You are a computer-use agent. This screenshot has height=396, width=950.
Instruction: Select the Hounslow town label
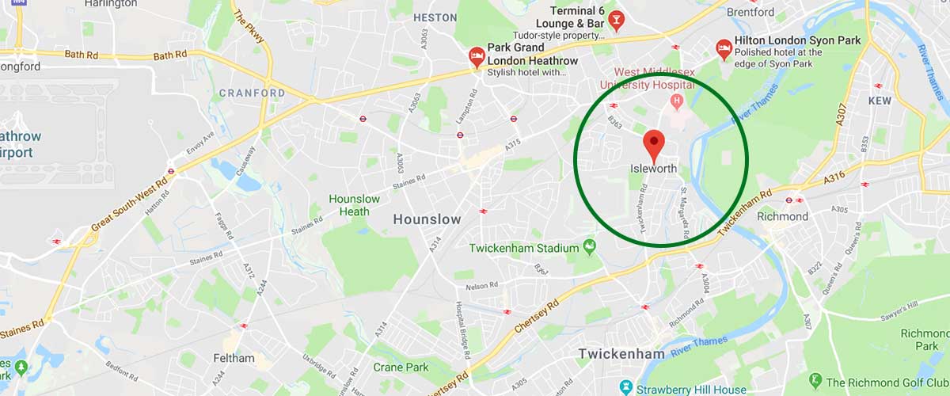427,219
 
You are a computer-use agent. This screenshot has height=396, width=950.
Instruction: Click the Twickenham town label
621,353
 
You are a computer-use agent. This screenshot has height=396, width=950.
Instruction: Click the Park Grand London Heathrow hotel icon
477,55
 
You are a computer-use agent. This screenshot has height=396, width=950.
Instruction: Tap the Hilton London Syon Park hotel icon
723,48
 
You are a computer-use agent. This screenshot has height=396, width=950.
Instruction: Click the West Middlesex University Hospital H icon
677,101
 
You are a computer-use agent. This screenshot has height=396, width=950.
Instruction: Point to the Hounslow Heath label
354,205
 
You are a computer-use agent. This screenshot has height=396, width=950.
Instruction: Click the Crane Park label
401,367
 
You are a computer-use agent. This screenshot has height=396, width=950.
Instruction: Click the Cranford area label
252,93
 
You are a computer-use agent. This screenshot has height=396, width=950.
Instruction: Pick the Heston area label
435,17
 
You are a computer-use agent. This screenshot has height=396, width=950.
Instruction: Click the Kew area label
880,101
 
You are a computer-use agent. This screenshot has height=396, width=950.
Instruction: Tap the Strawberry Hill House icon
626,389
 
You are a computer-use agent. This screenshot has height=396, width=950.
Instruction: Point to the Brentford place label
750,12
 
